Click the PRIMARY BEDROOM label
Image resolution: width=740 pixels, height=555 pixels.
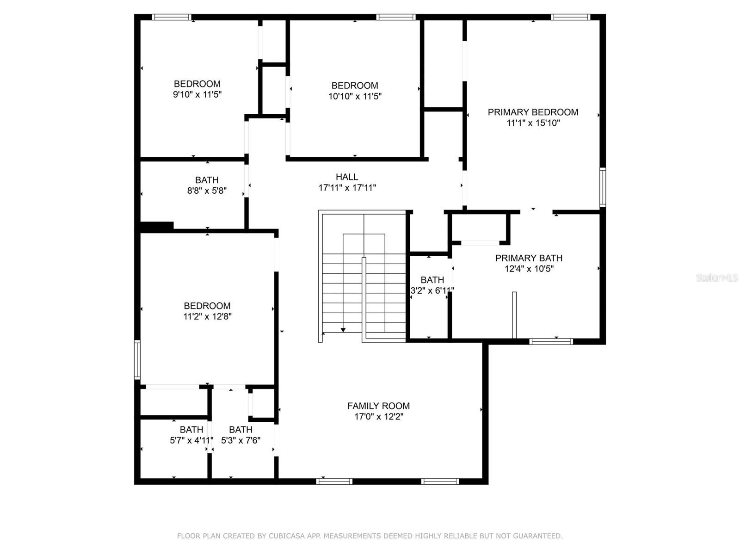[533, 112]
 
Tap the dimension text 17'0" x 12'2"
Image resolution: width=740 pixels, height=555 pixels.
[378, 417]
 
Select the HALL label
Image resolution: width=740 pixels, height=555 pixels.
[347, 177]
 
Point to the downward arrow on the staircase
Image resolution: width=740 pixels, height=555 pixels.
[343, 329]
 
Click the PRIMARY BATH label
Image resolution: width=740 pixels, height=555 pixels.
[529, 258]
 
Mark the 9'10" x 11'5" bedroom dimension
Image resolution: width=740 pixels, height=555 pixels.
[197, 95]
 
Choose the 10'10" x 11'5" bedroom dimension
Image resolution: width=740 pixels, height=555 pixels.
[355, 96]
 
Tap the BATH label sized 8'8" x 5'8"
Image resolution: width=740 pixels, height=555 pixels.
[207, 180]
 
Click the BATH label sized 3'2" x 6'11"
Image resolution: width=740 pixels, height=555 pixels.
[432, 280]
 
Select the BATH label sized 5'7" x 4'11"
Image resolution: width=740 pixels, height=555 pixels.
[191, 430]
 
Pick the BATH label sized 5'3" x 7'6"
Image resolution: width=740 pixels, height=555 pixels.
[240, 430]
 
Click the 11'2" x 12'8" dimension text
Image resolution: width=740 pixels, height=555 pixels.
[207, 317]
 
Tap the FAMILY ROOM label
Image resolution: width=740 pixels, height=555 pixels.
[378, 406]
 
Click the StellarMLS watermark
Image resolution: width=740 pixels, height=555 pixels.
[717, 278]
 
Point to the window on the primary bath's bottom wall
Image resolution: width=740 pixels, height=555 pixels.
[551, 342]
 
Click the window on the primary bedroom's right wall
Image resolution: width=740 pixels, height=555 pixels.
[603, 187]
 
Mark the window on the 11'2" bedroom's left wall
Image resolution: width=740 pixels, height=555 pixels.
[137, 360]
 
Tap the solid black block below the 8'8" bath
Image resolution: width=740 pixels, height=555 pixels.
[157, 226]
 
